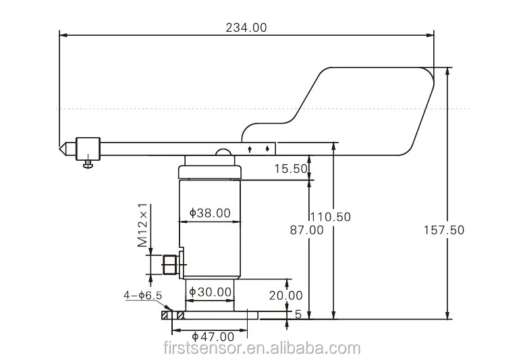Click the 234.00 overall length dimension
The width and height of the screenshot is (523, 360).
246,28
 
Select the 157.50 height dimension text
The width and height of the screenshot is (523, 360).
443,230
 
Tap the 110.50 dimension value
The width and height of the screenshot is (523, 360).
331,217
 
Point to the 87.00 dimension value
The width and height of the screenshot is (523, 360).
306,230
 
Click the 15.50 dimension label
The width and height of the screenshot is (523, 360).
291,169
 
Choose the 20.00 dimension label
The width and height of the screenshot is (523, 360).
286,296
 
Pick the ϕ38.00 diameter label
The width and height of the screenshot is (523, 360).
210,213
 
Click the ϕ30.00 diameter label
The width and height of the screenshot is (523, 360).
210,292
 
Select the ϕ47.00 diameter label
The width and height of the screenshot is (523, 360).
213,336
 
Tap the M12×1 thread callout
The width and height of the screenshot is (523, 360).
142,225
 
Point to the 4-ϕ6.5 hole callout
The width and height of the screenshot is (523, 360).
143,295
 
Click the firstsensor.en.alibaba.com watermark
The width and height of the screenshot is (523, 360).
262,349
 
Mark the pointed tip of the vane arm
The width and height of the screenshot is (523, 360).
59,149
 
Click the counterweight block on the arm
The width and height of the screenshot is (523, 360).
88,149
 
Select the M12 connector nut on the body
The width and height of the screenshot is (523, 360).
171,265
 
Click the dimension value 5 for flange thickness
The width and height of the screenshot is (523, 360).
298,314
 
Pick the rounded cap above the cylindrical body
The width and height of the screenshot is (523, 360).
210,170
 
